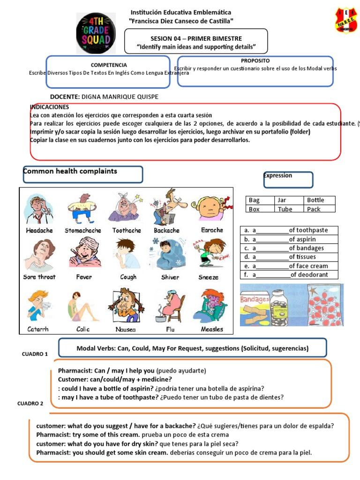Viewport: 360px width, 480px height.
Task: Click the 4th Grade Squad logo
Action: coord(96,33)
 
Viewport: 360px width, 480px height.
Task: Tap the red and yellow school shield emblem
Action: coord(346,20)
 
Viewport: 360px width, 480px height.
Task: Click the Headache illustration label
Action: coord(39,231)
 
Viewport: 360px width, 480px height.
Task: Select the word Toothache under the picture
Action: coord(127,231)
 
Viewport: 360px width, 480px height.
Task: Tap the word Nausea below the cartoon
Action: coord(126,330)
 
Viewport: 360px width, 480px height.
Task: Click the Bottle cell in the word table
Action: coord(319,200)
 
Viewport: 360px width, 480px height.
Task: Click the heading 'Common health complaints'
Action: coord(70,172)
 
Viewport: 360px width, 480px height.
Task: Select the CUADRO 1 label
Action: coord(35,354)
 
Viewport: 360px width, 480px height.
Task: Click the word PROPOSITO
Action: coord(255,61)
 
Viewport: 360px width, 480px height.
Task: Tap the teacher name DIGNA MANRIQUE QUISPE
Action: coord(120,97)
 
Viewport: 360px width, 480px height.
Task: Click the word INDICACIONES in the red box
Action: coord(49,107)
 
